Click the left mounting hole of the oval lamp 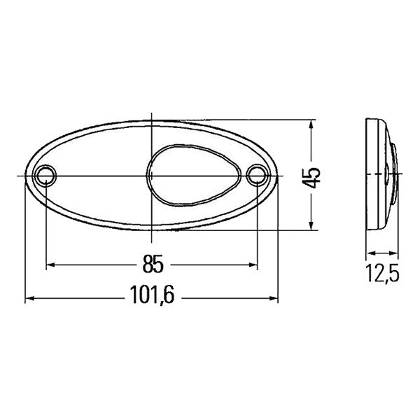(x=45, y=174)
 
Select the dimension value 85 (x=152, y=264)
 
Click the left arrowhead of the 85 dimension (x=50, y=265)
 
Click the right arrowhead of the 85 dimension (x=253, y=265)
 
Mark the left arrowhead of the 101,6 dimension (x=29, y=299)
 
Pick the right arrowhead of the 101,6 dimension (x=274, y=299)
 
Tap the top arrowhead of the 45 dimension (x=311, y=125)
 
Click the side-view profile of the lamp (x=381, y=175)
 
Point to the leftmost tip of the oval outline (x=25, y=175)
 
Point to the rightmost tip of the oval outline (x=278, y=175)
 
